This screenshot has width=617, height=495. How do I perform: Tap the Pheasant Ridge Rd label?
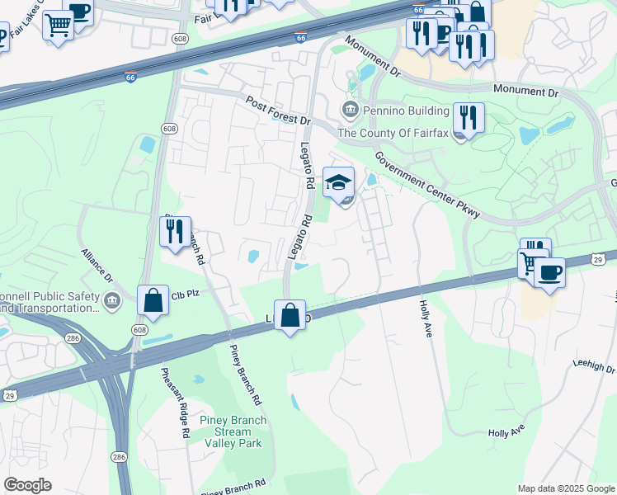[175, 402]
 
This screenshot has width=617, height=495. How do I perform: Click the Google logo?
[27, 485]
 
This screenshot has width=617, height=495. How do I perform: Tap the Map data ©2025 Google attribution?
[565, 488]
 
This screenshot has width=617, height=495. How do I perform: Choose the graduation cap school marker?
[338, 183]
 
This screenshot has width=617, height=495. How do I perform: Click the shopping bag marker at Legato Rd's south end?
[290, 315]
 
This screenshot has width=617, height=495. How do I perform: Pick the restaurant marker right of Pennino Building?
[469, 117]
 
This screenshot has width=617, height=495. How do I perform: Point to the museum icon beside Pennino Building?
[349, 110]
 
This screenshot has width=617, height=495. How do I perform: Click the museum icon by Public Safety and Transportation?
[112, 301]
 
